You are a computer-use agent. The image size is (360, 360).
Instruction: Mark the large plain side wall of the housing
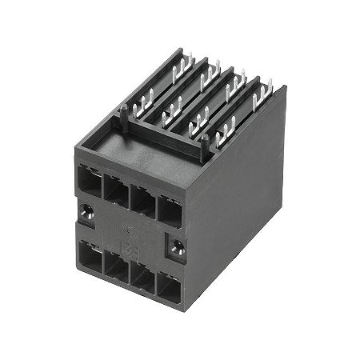point(240,200)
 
